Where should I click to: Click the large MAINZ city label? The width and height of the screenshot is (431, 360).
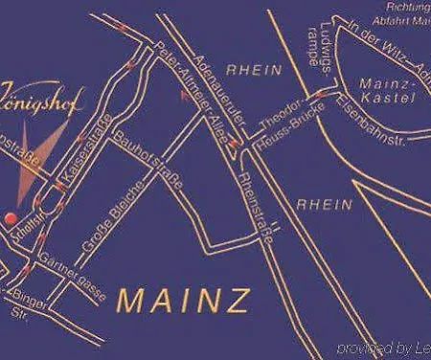pyautogui.click(x=184, y=300)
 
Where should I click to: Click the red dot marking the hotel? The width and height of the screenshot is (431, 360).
pyautogui.click(x=11, y=217)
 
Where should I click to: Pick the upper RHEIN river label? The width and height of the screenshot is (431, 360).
pyautogui.click(x=254, y=70)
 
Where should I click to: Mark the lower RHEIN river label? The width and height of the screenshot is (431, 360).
pyautogui.click(x=320, y=204)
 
